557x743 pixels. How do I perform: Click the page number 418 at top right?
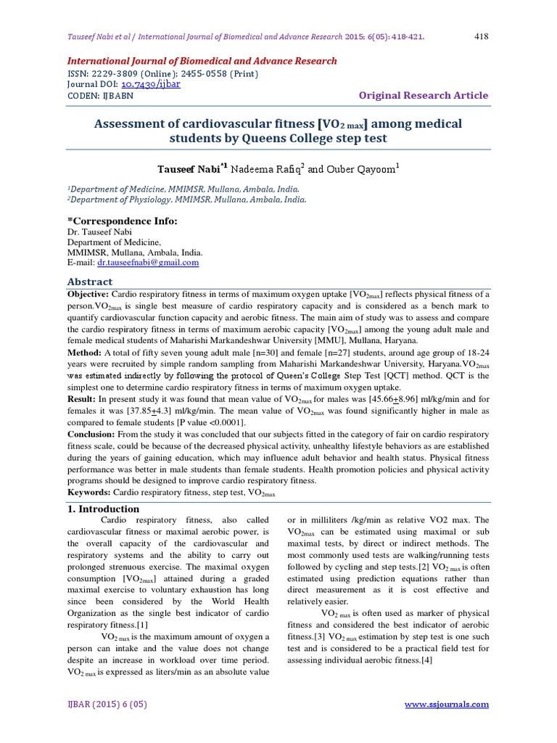point(482,36)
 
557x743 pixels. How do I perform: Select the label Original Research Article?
point(424,96)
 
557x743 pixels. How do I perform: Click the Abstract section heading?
point(90,282)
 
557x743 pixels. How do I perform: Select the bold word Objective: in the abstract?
point(88,295)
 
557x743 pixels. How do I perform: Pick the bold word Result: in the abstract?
point(83,399)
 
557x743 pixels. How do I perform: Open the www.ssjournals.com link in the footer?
point(446,704)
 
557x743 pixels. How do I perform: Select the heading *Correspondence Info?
point(122,221)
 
